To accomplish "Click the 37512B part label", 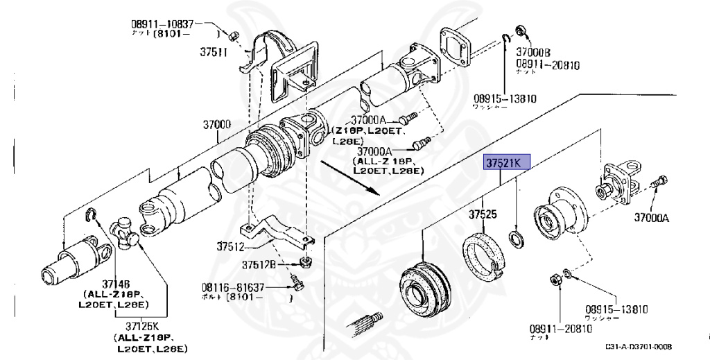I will click(x=259, y=264).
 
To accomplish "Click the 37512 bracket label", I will click(x=230, y=246).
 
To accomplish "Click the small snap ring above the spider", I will click(x=91, y=215).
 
